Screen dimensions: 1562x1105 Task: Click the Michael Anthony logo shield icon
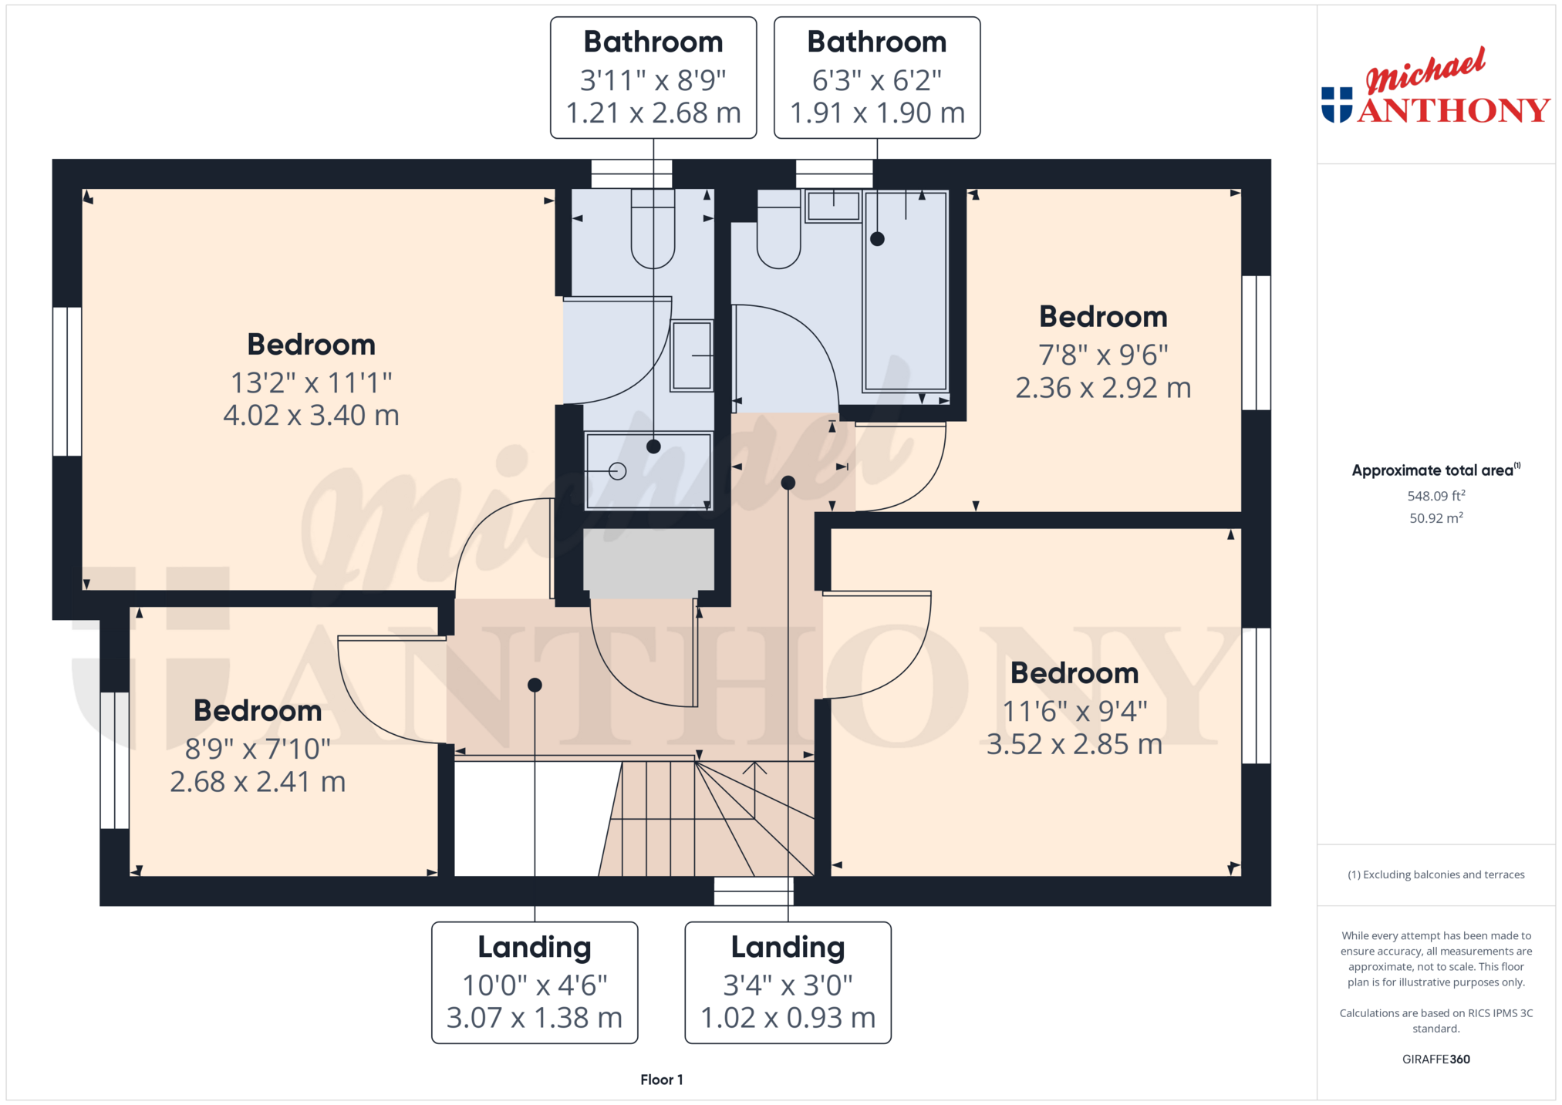1337,105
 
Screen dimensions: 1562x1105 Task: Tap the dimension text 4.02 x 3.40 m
311,416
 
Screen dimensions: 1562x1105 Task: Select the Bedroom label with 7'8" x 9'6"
1103,317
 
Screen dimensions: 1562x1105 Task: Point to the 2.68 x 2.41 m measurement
258,782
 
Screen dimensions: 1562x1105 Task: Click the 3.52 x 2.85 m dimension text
1075,744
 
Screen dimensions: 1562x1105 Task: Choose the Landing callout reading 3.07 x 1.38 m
535,982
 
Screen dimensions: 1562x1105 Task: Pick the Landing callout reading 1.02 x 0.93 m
788,982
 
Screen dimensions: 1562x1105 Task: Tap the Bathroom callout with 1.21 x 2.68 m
653,78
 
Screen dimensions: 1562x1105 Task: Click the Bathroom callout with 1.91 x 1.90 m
877,78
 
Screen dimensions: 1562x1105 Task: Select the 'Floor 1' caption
662,1080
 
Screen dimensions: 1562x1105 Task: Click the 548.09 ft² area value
1435,496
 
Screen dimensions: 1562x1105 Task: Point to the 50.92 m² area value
1435,518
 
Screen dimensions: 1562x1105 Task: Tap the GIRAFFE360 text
1435,1060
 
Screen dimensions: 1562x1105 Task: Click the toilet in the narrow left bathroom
653,229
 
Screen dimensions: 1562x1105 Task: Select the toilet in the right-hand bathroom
779,229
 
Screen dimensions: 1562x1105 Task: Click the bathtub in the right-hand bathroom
906,291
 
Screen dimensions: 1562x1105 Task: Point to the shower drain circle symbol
617,471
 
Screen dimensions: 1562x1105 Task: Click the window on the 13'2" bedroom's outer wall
67,382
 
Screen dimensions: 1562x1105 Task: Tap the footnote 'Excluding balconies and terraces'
1435,874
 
